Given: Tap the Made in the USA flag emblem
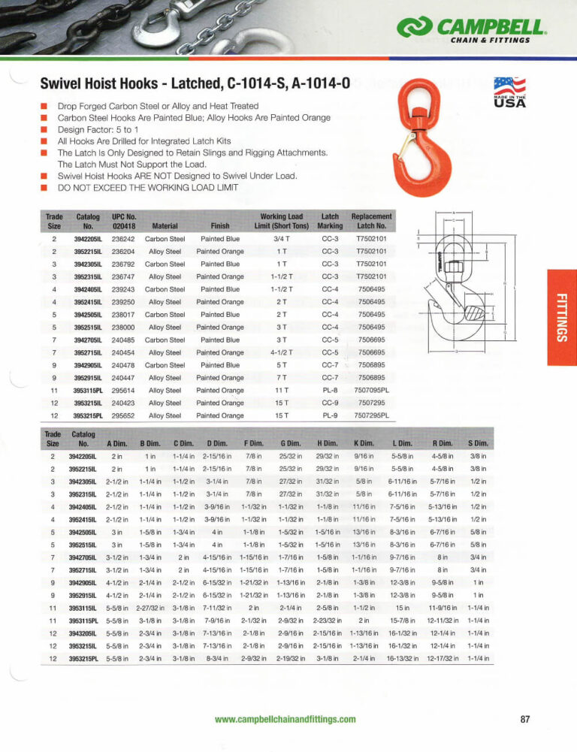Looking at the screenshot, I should (x=509, y=92).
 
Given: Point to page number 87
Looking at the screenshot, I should (x=525, y=719).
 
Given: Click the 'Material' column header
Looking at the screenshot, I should (x=164, y=225).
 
